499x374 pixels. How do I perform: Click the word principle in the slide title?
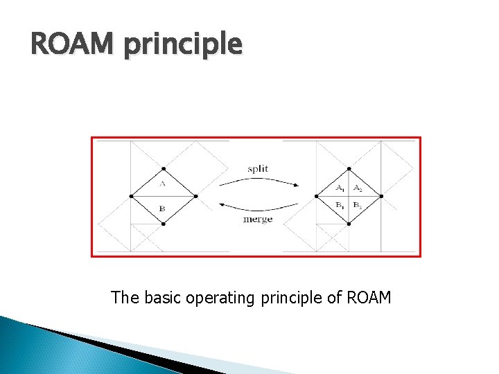[x=184, y=46]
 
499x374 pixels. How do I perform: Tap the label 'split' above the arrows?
[x=258, y=169]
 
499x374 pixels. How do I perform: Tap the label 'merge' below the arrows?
[x=258, y=219]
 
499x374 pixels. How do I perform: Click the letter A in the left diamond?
[x=162, y=184]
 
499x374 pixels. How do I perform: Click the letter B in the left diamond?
[x=162, y=208]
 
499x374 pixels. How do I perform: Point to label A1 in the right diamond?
[x=340, y=188]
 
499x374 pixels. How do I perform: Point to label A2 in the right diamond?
[x=357, y=188]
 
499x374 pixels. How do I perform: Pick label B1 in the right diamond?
[x=340, y=205]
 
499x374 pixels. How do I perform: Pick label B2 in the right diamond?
[x=357, y=205]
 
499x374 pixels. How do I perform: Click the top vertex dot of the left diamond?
[x=163, y=168]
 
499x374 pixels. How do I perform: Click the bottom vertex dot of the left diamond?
[x=163, y=224]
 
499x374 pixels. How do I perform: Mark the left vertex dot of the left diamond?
[x=130, y=196]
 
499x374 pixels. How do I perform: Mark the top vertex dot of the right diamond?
[x=348, y=168]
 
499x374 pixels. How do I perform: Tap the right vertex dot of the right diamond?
[x=380, y=196]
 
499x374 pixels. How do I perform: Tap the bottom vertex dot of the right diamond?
[x=348, y=224]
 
